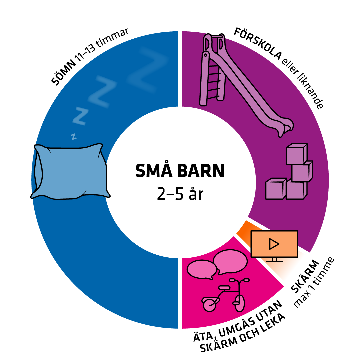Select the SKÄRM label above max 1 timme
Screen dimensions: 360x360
[x=305, y=276]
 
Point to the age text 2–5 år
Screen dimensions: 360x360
[x=180, y=194]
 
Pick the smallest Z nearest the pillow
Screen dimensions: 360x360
[x=74, y=136]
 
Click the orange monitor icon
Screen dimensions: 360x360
[x=274, y=245]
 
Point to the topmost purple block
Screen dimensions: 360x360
[x=296, y=154]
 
